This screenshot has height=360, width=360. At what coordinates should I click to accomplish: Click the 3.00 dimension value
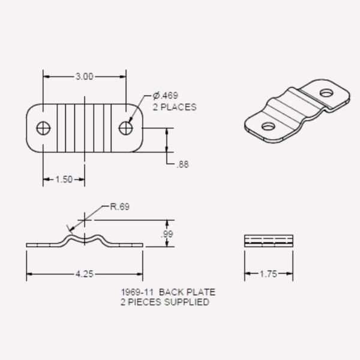(x=84, y=76)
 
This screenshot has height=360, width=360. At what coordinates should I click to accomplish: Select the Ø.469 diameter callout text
(x=166, y=96)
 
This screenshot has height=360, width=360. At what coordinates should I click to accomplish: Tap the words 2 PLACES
(x=175, y=107)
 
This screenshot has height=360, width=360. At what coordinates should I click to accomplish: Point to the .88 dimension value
(x=182, y=164)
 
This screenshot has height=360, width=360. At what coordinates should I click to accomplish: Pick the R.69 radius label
(x=119, y=207)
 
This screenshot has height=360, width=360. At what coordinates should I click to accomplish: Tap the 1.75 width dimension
(x=269, y=274)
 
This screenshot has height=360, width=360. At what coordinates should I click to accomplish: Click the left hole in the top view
(x=43, y=128)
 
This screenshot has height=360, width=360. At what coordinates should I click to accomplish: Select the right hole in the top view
(x=125, y=128)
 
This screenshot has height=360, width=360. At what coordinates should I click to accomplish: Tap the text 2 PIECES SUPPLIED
(x=165, y=302)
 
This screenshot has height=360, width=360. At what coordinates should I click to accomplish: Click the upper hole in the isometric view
(x=326, y=93)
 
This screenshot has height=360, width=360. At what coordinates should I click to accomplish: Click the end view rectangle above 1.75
(x=269, y=241)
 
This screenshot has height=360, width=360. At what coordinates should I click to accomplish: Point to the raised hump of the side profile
(x=85, y=237)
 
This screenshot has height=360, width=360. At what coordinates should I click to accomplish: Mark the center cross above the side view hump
(x=85, y=220)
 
